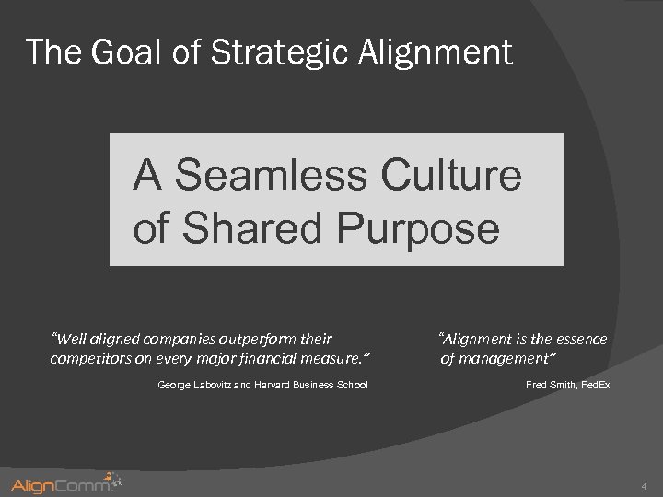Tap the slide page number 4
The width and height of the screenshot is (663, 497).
[644, 485]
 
